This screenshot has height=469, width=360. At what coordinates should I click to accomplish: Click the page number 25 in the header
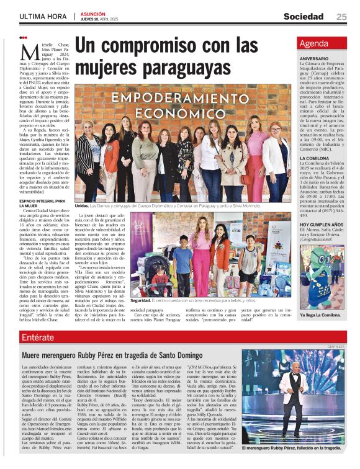[341, 17]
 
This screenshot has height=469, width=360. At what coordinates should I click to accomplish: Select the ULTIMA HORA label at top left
[43, 17]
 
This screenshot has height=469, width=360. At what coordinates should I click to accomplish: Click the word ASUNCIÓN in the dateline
[92, 13]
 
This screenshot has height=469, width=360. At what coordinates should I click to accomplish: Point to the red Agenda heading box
[322, 43]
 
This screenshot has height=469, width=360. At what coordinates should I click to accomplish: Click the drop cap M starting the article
[28, 51]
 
